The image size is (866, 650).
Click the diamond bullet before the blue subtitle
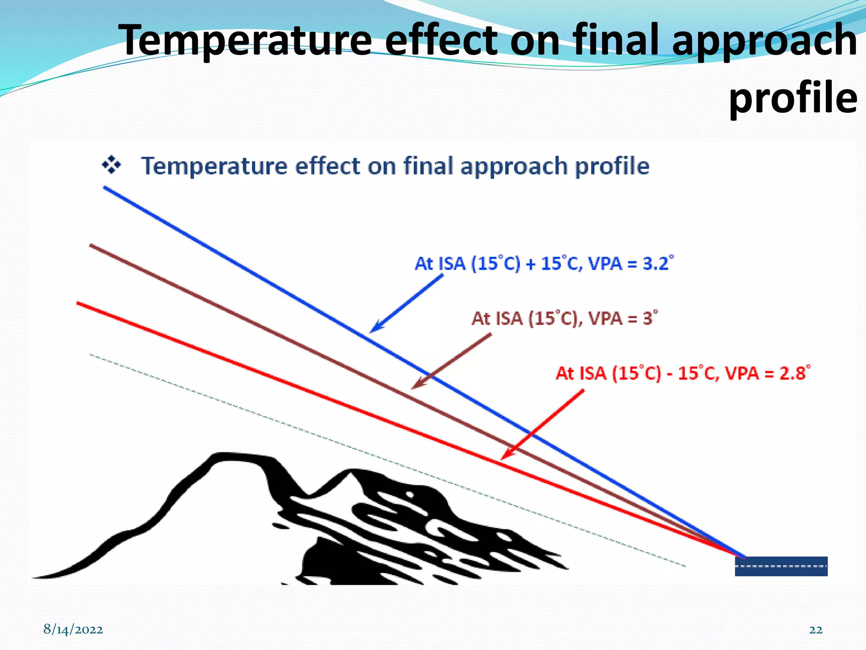(x=111, y=165)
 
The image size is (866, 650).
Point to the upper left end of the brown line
(x=91, y=245)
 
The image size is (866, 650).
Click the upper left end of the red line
(x=78, y=303)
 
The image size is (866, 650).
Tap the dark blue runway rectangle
(x=781, y=566)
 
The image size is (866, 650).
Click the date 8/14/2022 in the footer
(x=73, y=629)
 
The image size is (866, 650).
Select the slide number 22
(x=815, y=630)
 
